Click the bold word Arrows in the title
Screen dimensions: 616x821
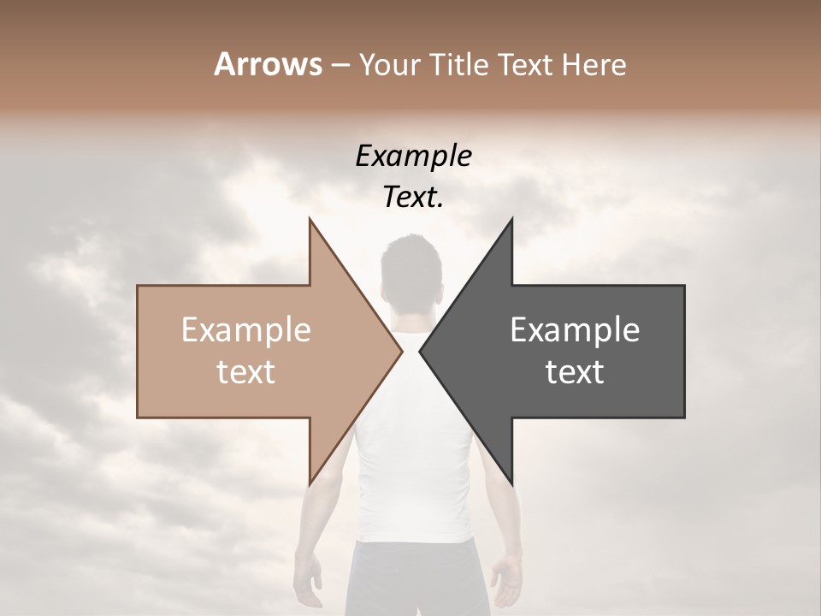pos(268,64)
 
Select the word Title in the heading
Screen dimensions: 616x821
pos(458,64)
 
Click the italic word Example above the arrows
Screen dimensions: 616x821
pos(413,157)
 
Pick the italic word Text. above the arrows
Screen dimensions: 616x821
pos(413,198)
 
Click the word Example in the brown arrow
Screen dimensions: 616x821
pos(246,330)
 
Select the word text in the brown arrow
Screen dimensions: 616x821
pos(246,371)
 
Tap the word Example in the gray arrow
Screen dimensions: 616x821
pos(575,330)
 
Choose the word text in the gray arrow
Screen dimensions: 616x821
pos(575,371)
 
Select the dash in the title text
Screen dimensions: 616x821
pos(340,66)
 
